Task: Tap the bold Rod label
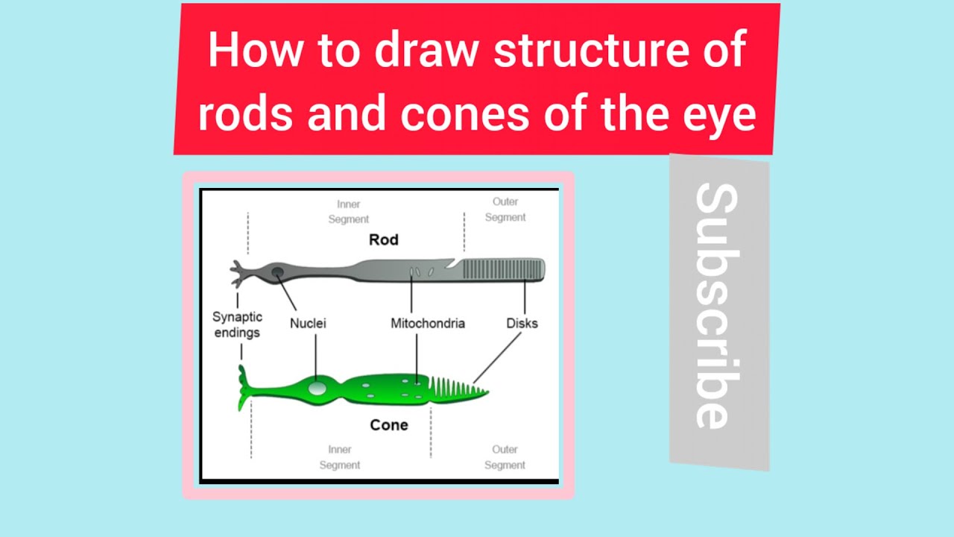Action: coord(384,239)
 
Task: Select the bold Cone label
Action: coord(388,425)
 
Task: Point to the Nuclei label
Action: coord(308,324)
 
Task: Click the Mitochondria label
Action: coord(428,324)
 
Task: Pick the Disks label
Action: coord(522,324)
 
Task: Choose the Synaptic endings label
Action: coord(237,325)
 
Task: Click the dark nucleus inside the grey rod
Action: coord(277,272)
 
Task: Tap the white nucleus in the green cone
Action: coord(317,389)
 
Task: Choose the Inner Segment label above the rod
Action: coord(349,211)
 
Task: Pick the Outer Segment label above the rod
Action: coord(505,210)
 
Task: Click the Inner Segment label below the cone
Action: coord(340,457)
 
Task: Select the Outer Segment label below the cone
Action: coord(505,457)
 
